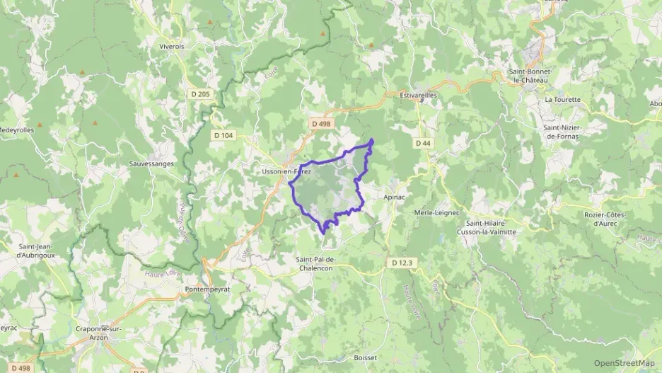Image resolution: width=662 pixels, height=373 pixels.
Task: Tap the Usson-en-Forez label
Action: [x=286, y=171]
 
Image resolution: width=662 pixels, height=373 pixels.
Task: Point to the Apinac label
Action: [x=393, y=197]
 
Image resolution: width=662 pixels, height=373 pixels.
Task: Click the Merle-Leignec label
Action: [x=436, y=212]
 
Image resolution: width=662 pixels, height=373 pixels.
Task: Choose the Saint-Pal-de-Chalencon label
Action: [x=325, y=263]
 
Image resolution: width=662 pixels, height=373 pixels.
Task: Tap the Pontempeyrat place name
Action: [x=207, y=289]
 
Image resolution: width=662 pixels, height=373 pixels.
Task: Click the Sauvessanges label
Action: [x=153, y=163]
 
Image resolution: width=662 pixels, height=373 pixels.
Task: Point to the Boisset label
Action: [x=366, y=358]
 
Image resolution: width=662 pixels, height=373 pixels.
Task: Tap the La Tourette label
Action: [x=562, y=100]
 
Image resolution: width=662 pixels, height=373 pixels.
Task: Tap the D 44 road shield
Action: [x=423, y=143]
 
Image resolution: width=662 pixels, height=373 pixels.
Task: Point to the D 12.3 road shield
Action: [x=401, y=263]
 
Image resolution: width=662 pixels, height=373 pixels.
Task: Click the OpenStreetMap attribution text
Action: [x=624, y=363]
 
